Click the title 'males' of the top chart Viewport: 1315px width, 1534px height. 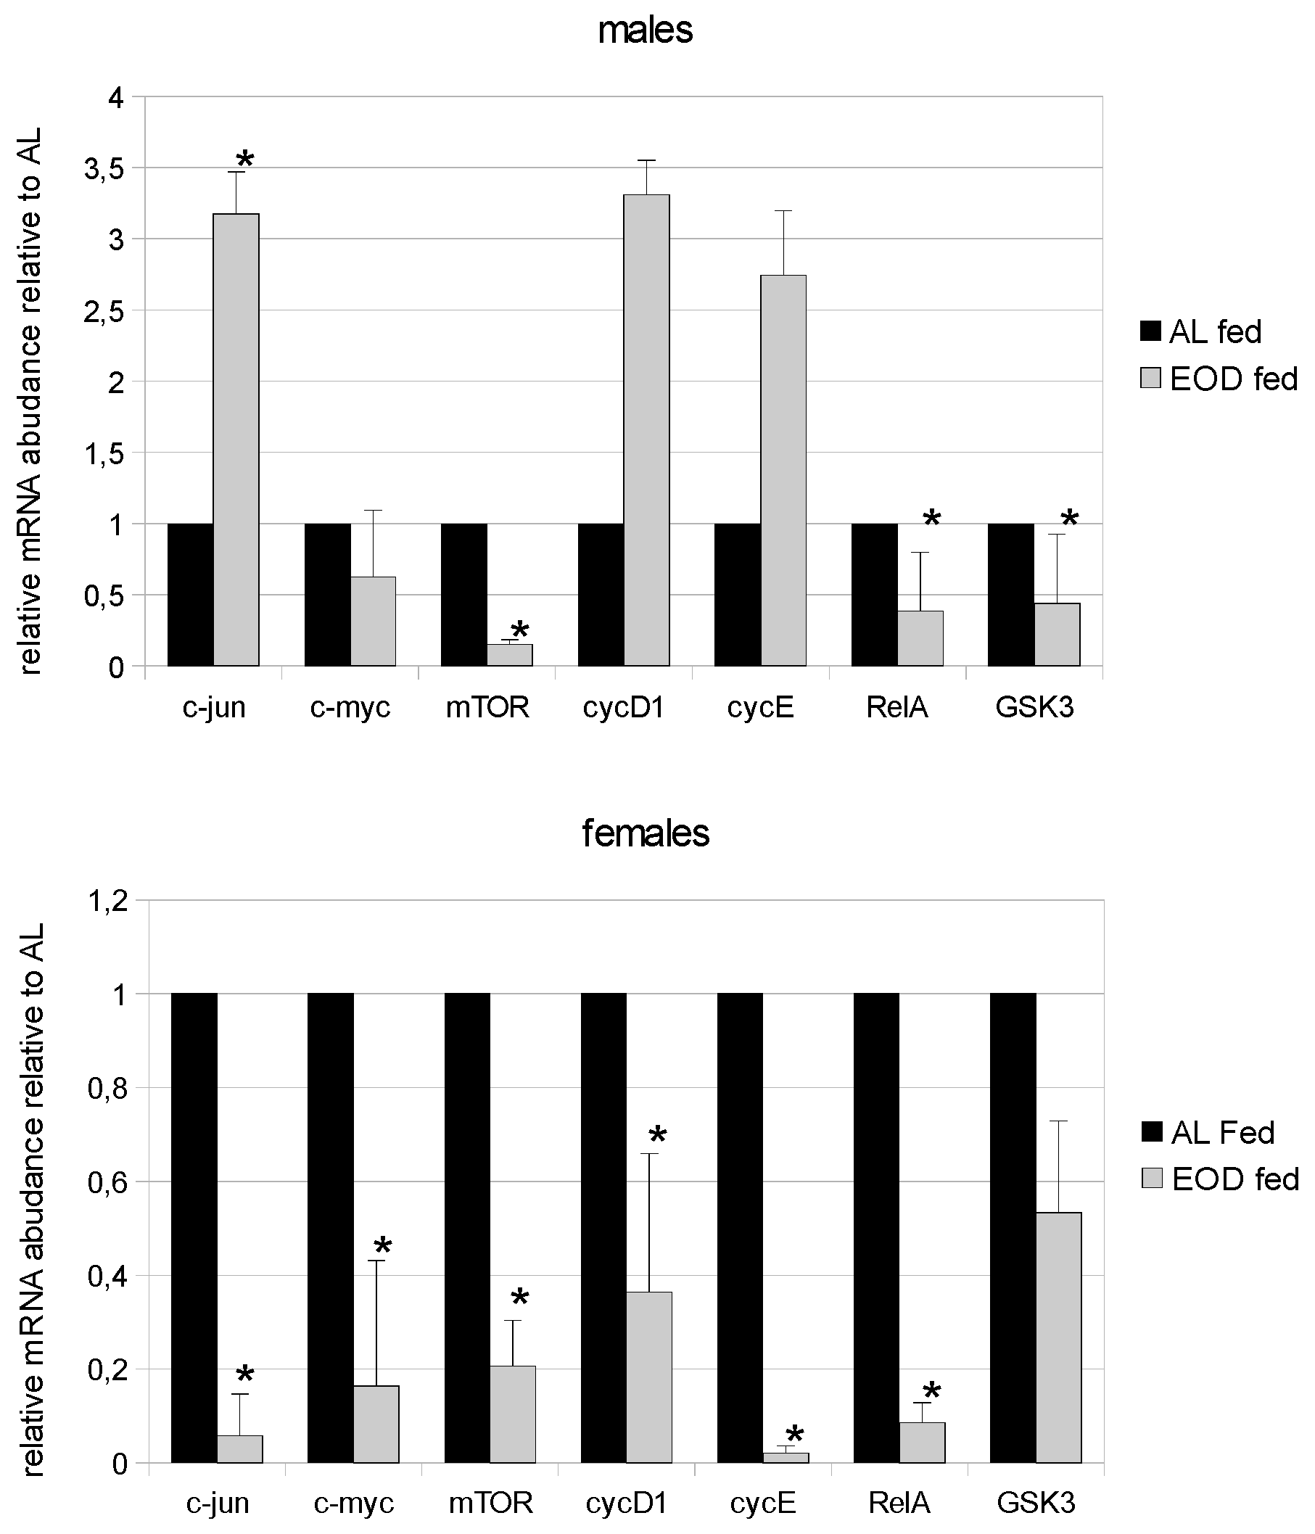645,31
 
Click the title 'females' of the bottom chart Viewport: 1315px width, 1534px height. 645,833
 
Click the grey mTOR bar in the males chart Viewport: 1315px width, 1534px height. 509,655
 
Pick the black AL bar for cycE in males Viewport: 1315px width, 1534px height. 737,595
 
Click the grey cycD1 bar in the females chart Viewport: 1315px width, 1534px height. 649,1377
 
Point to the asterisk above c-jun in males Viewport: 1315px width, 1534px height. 244,158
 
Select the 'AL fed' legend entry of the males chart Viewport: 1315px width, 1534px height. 1200,331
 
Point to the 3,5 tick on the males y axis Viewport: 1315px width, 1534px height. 104,170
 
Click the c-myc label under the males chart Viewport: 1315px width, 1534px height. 350,708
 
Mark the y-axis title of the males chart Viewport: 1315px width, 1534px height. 31,400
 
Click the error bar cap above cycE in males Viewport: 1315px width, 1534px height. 783,211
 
